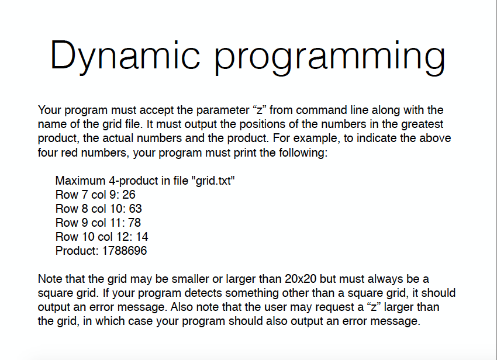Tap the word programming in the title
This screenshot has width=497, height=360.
[x=330, y=57]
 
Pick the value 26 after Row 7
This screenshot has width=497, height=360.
[x=129, y=195]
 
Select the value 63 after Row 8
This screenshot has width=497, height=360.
[x=135, y=209]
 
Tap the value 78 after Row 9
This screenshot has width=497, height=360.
[x=134, y=223]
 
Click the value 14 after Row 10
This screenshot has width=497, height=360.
[x=141, y=237]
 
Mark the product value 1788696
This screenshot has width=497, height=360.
[x=125, y=251]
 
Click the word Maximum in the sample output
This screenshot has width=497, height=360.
[x=80, y=181]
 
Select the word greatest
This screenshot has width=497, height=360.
[x=422, y=124]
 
